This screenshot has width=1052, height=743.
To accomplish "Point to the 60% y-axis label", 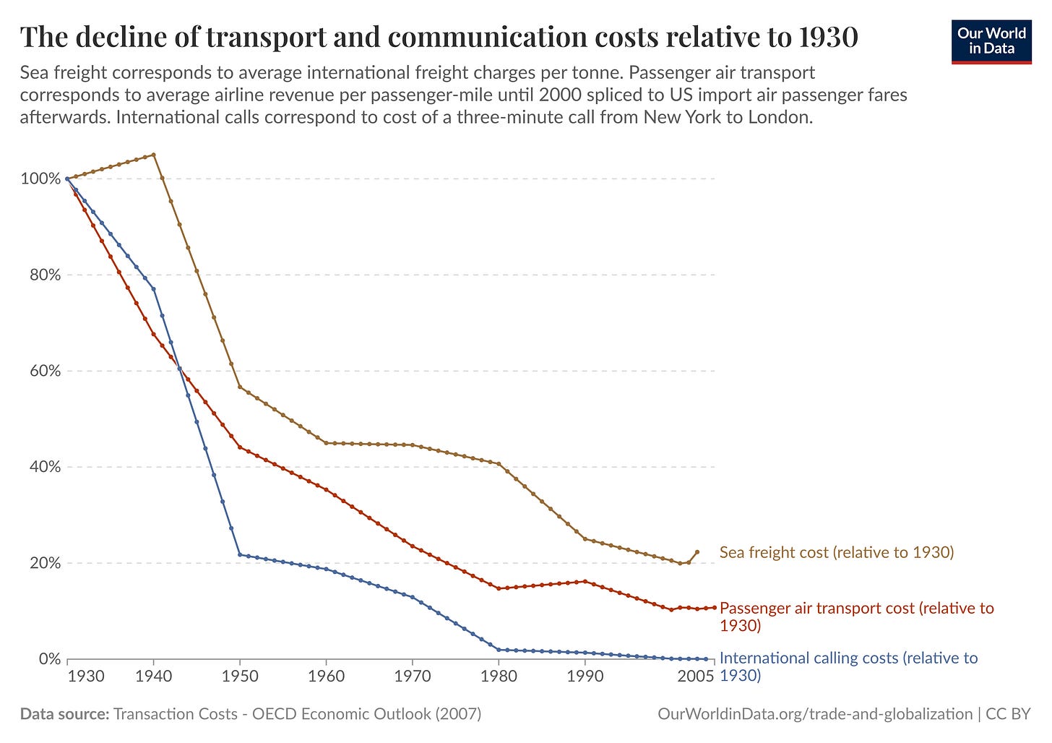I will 44,371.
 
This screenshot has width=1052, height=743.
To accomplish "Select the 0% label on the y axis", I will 49,659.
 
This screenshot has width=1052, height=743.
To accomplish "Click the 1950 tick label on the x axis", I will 240,677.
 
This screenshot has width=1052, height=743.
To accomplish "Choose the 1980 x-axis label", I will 499,677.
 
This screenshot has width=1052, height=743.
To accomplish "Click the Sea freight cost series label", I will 837,553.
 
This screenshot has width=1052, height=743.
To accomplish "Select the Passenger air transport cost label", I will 857,616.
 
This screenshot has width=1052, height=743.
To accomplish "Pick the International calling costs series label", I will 848,666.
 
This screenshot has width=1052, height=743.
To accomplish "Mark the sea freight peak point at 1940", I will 153,155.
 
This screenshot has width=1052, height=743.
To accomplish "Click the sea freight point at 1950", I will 240,387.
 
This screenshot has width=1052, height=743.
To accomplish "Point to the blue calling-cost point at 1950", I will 240,554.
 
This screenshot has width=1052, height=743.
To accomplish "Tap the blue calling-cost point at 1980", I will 499,650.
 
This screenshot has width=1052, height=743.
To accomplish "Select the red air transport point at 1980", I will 499,588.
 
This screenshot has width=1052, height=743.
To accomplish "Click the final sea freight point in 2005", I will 697,552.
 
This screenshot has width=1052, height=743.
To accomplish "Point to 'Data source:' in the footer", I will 64,714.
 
